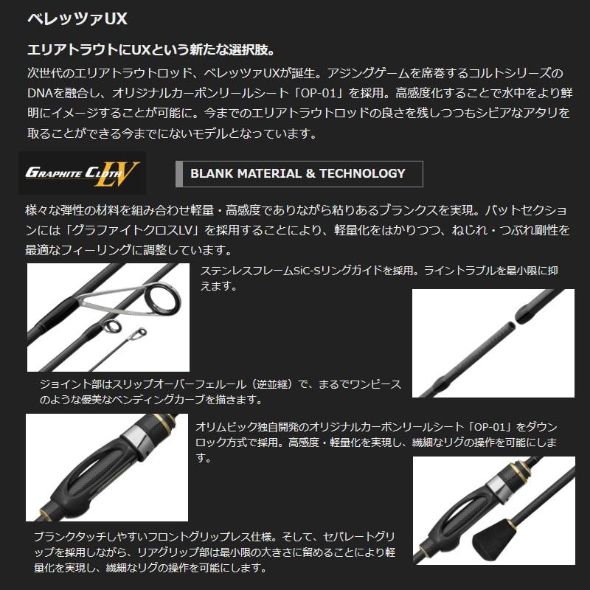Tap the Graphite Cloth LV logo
(83, 173)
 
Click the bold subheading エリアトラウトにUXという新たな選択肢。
(150, 50)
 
